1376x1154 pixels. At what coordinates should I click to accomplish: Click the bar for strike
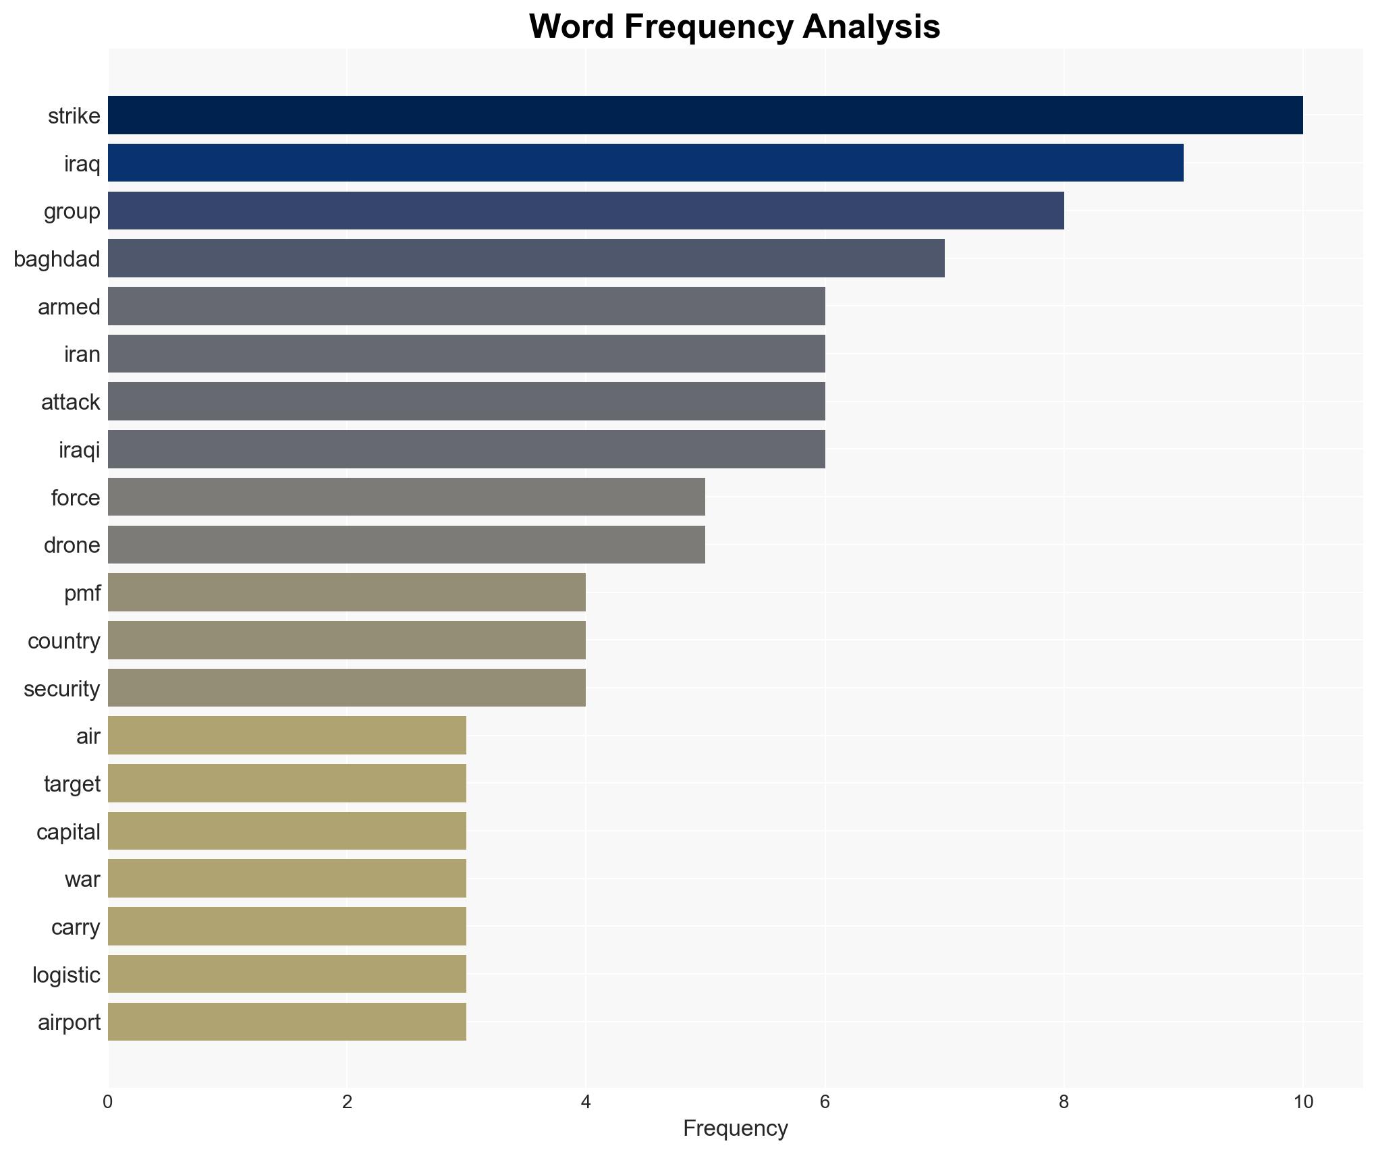click(x=705, y=115)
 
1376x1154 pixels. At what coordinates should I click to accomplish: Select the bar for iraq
click(x=646, y=163)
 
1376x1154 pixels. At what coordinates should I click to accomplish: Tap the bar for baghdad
click(x=526, y=258)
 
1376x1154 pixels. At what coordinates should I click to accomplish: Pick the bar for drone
click(x=406, y=545)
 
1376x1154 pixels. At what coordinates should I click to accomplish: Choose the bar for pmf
click(x=347, y=593)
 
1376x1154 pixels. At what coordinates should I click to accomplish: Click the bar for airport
click(x=287, y=1022)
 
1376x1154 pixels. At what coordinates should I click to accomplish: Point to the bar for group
click(x=586, y=211)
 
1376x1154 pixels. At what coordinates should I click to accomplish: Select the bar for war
click(x=287, y=879)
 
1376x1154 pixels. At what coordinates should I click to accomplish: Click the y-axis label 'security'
click(x=62, y=688)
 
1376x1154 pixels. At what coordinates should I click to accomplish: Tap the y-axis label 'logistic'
click(x=66, y=974)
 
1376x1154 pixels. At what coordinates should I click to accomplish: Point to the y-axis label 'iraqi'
click(x=80, y=449)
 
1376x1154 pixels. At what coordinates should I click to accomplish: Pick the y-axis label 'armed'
click(x=69, y=306)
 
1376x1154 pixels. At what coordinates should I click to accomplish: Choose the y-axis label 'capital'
click(x=68, y=831)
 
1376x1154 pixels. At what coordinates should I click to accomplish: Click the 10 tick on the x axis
click(x=1303, y=1102)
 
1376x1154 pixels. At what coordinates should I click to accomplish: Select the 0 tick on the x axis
click(x=108, y=1102)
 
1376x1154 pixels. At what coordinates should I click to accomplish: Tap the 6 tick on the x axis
click(x=825, y=1102)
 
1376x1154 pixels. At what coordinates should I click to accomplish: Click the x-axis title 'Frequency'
click(x=735, y=1128)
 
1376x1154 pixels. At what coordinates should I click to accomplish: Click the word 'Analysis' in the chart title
click(x=871, y=27)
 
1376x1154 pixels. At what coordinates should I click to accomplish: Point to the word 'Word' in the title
click(x=571, y=27)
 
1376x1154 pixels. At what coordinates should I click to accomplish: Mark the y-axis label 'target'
click(x=72, y=784)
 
